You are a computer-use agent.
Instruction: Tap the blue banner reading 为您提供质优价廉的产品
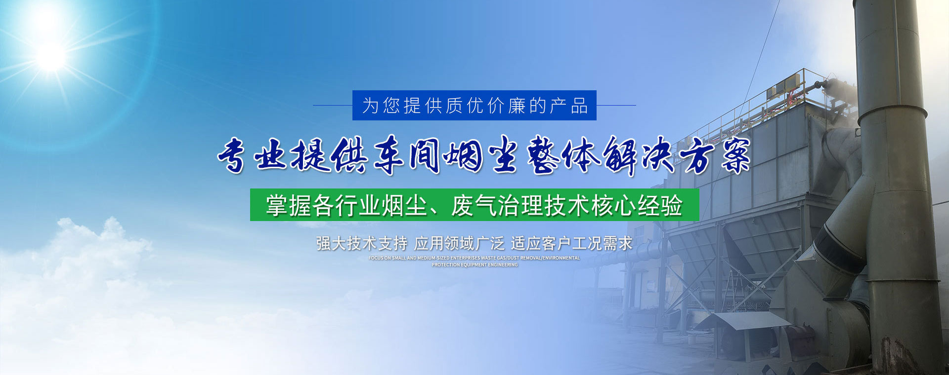(474, 105)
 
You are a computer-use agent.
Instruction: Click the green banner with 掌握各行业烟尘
(474, 205)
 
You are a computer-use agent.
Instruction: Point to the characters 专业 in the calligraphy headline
(253, 155)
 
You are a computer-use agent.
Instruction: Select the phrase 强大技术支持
(362, 243)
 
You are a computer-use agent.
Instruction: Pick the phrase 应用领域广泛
(459, 243)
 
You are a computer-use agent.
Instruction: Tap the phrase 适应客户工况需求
(572, 243)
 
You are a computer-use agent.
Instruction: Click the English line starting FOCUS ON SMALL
(474, 258)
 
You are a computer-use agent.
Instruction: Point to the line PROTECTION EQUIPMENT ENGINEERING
(474, 265)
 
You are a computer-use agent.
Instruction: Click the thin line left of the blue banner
(333, 105)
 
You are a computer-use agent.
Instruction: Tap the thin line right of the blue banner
(616, 105)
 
